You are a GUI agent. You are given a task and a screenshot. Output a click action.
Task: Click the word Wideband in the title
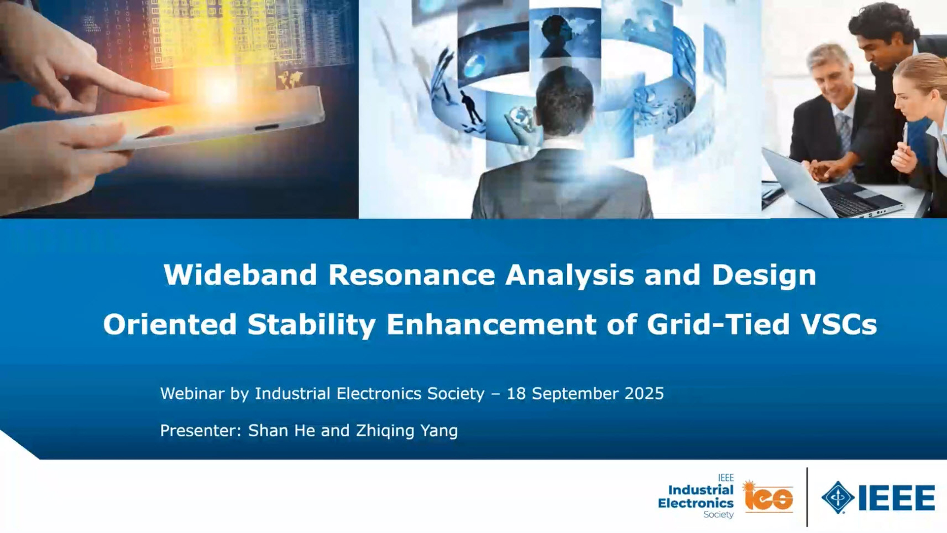coord(240,274)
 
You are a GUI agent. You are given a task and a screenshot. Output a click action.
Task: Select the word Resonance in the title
coord(411,274)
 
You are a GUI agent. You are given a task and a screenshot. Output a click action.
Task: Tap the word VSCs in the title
coord(838,324)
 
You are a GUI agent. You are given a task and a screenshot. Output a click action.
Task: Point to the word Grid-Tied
coord(718,324)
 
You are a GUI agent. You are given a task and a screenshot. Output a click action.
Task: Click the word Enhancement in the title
coord(491,324)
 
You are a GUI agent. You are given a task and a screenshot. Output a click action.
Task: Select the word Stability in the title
coord(312,325)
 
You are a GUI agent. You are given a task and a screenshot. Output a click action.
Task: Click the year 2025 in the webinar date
coord(644,393)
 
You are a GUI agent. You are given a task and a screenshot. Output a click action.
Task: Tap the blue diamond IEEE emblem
coord(838,497)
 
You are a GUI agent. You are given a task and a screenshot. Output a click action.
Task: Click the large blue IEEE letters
coord(897,497)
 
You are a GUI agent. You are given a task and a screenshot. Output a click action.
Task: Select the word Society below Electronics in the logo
coord(719,515)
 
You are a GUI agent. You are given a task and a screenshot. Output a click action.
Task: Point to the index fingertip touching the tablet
coord(165,95)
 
